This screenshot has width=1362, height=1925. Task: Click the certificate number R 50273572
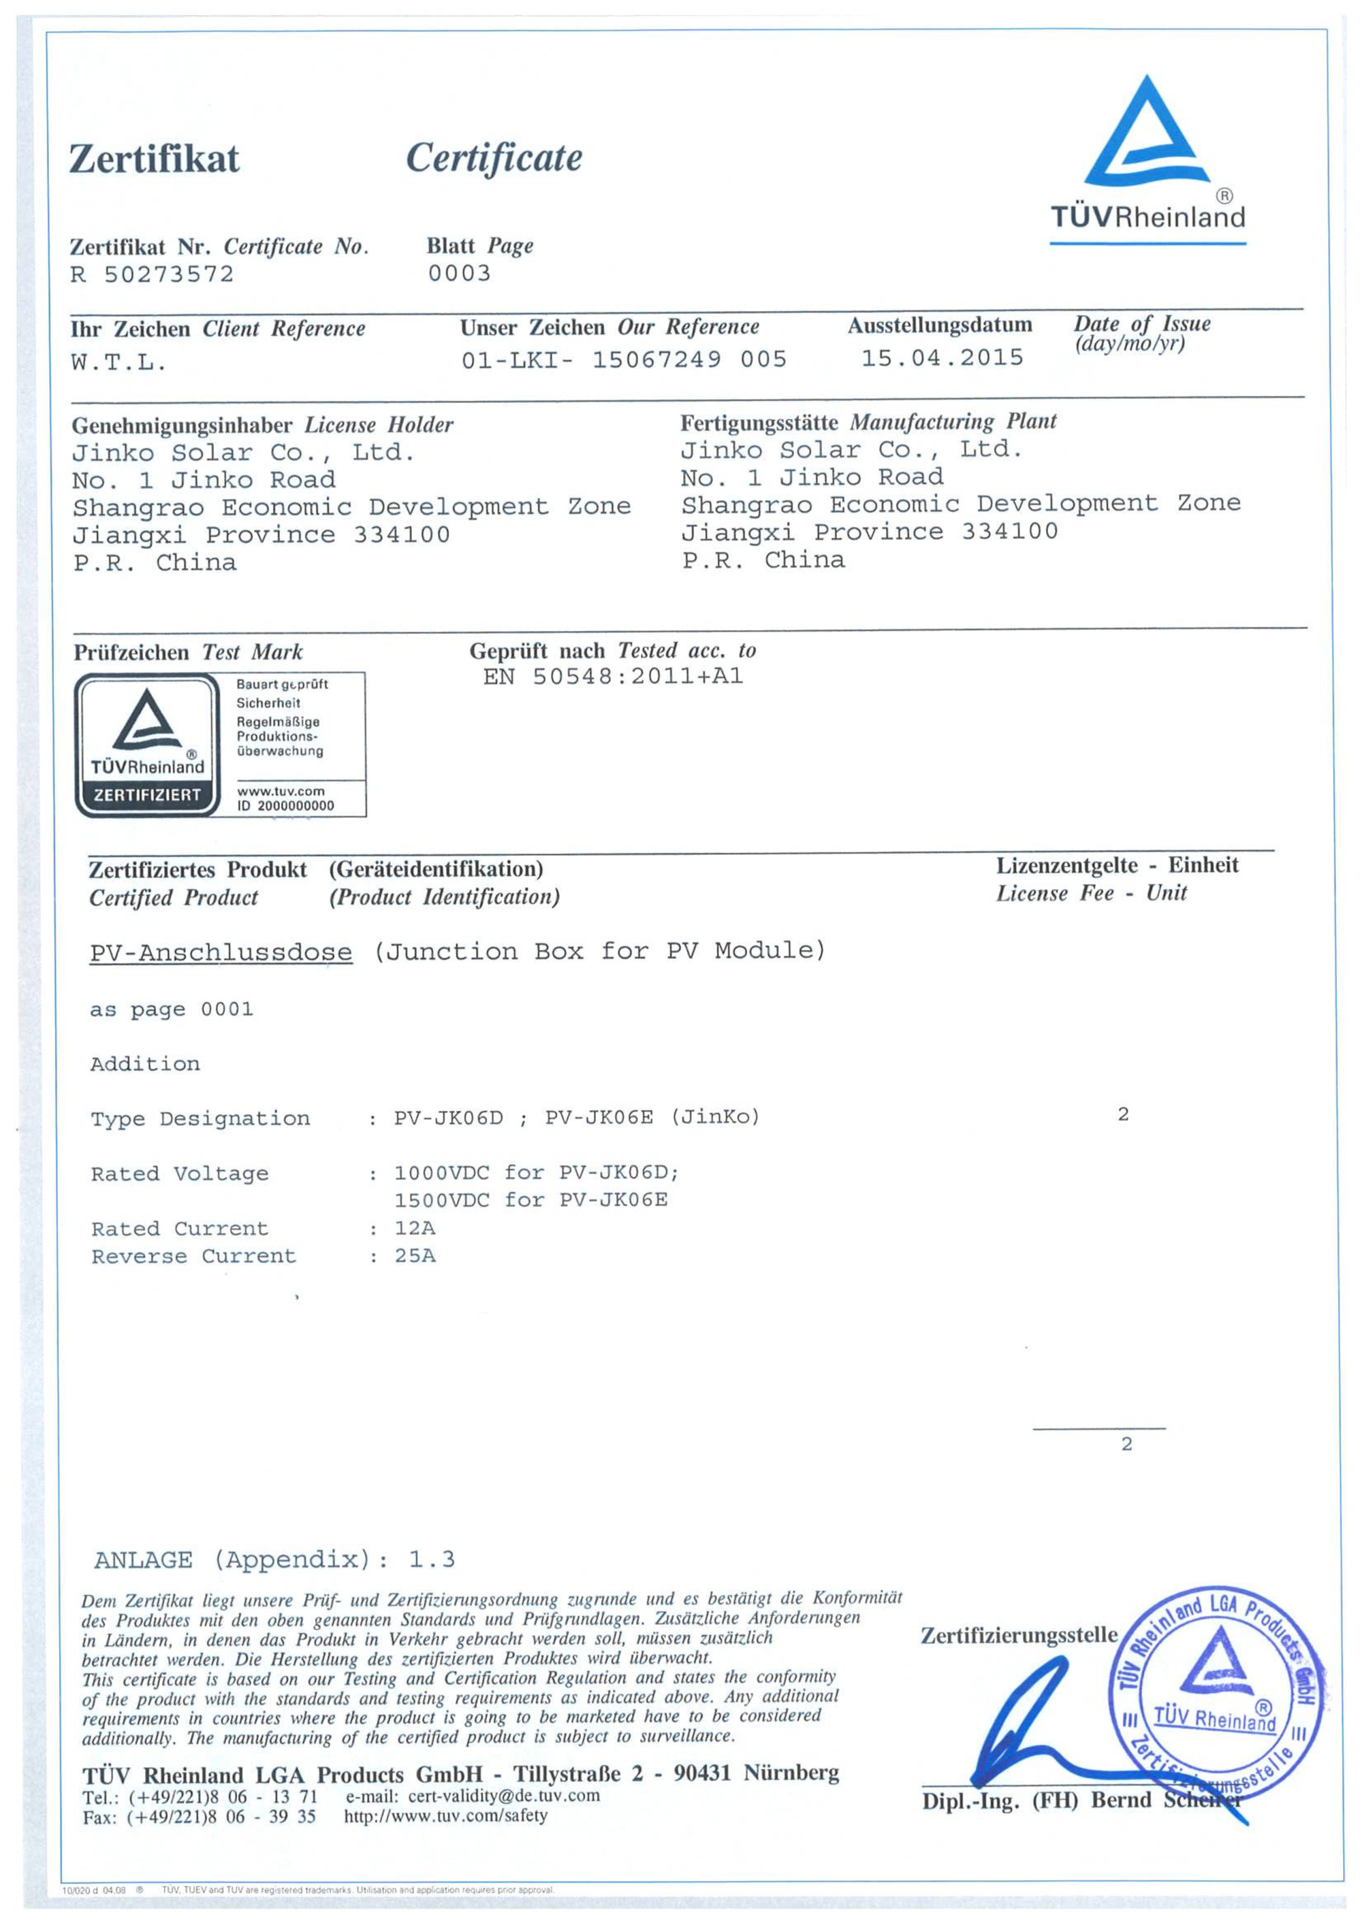click(152, 274)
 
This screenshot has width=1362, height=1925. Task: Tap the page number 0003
click(459, 274)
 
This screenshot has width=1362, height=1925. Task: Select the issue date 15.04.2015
click(942, 358)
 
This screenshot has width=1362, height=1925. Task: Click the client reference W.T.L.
click(118, 363)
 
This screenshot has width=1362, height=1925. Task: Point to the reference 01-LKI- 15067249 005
click(623, 359)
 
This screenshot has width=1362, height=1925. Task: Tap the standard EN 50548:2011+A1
click(612, 677)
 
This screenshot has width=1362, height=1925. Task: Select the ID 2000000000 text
click(285, 806)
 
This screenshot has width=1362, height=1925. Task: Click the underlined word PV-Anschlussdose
click(221, 952)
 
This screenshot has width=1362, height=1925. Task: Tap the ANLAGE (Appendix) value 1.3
click(431, 1559)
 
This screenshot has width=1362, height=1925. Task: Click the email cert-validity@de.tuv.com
click(503, 1796)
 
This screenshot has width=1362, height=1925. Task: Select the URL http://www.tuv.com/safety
click(445, 1816)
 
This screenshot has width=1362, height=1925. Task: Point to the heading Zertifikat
click(155, 159)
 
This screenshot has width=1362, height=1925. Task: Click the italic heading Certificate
click(494, 158)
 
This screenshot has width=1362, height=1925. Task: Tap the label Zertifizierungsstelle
click(1019, 1635)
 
